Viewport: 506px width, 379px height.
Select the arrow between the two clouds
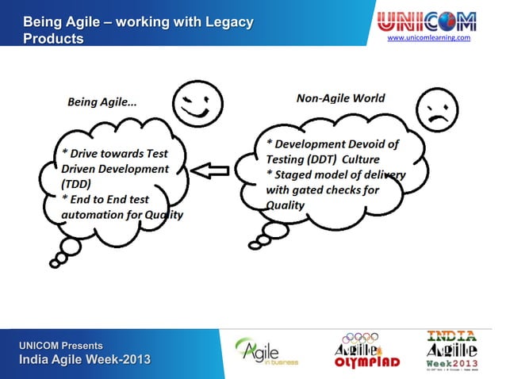pos(211,170)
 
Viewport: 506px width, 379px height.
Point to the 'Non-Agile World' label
pos(340,98)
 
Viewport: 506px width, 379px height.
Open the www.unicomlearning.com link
pos(428,37)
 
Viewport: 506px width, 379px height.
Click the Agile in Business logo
pos(266,350)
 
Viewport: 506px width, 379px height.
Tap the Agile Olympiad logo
pos(366,350)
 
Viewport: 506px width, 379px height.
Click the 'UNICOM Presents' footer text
pos(61,346)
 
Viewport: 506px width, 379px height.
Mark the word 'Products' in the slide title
pos(52,39)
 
